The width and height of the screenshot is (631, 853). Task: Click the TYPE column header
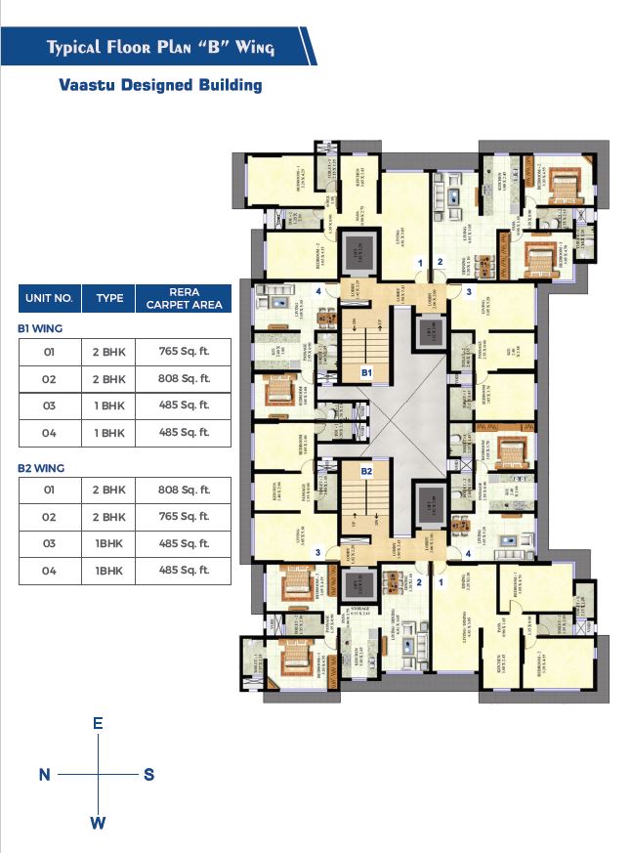(109, 297)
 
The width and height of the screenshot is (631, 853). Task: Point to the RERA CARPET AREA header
(184, 298)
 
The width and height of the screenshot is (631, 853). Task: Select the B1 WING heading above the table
(40, 329)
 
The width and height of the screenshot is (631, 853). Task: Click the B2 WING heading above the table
(41, 469)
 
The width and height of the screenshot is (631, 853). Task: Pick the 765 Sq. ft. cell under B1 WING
(184, 351)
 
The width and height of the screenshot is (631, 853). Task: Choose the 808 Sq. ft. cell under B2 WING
(184, 490)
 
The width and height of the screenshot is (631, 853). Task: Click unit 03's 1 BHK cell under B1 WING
(109, 405)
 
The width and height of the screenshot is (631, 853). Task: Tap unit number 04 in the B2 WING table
(49, 571)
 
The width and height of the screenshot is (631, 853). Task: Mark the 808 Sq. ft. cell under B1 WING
(184, 378)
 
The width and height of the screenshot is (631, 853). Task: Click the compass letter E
(98, 724)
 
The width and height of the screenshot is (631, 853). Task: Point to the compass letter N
(44, 775)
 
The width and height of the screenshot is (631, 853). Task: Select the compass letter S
(148, 775)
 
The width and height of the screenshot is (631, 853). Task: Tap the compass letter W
(98, 823)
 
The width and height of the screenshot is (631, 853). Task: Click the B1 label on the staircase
(367, 373)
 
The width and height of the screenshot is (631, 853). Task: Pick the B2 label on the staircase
(367, 471)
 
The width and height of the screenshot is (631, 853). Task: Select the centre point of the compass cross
(98, 775)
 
